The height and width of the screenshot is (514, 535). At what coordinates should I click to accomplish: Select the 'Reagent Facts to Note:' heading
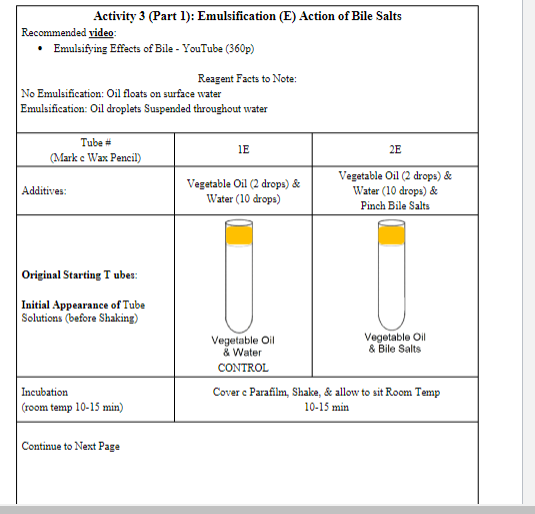[x=247, y=78]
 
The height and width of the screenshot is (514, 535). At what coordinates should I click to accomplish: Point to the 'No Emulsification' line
[x=121, y=93]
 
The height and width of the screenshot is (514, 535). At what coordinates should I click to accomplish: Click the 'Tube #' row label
[x=96, y=143]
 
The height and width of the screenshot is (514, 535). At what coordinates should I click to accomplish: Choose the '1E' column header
[x=243, y=150]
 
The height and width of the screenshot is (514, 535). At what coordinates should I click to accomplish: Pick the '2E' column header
[x=395, y=150]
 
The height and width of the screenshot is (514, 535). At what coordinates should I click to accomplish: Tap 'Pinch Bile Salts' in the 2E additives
[x=395, y=205]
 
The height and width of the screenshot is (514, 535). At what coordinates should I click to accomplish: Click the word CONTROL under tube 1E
[x=242, y=367]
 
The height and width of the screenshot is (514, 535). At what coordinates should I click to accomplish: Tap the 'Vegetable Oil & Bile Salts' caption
[x=395, y=343]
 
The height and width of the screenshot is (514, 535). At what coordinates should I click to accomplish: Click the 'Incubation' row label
[x=45, y=392]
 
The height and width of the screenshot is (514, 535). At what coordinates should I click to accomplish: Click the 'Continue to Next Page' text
[x=71, y=446]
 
